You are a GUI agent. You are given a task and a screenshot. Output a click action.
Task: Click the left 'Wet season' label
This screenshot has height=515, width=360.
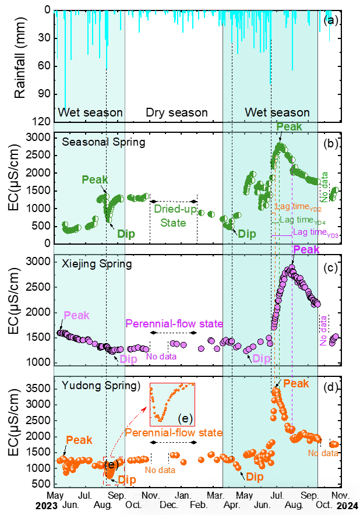coord(90,112)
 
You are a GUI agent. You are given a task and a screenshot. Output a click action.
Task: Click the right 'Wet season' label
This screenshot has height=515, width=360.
coord(277,112)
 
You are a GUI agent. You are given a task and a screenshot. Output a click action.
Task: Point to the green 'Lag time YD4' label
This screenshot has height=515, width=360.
coord(302,220)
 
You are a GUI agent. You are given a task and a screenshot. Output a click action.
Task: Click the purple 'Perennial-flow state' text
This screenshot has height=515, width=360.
coord(174,324)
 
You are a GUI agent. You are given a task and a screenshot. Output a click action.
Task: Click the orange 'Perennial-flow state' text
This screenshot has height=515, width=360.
coord(174,433)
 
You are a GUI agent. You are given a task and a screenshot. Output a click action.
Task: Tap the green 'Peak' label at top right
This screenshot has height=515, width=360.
coord(289,127)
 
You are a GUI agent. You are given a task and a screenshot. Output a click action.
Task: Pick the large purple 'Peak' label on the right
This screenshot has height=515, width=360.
coord(306,250)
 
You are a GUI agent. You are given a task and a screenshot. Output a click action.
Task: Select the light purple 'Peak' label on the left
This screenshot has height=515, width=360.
coord(76,315)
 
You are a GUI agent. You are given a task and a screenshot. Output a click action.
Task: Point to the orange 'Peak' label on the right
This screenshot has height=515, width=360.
coord(296,383)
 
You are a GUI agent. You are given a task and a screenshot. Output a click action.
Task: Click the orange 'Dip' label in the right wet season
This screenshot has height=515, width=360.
coord(255,477)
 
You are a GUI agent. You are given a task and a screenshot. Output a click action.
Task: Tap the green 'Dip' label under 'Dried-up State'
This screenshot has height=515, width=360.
coord(247,234)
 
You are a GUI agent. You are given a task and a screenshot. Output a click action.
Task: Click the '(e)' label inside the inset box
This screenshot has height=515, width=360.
coord(185,418)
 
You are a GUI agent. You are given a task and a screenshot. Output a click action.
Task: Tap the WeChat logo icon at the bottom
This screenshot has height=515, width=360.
coord(140,500)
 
